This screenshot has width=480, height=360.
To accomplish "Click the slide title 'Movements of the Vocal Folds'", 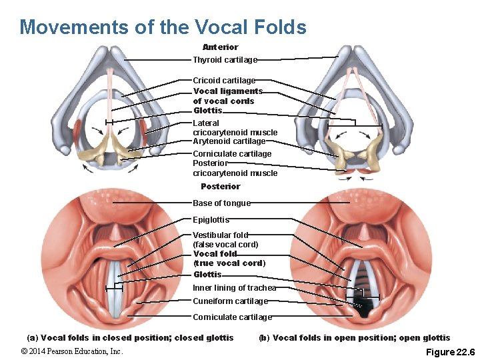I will [x=163, y=27].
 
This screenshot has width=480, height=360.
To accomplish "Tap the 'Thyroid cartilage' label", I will [x=225, y=60].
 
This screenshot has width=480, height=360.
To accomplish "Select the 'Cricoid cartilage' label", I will [x=224, y=81].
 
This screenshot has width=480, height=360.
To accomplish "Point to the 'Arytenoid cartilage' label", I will [x=229, y=141].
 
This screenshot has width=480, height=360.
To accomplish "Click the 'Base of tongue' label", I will [x=221, y=203].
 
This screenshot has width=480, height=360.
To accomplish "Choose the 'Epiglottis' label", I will [x=211, y=220].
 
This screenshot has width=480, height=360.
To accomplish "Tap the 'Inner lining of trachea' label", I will [x=234, y=288].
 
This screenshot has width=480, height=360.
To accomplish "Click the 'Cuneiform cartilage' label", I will [x=230, y=301].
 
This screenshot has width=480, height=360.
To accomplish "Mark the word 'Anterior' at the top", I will [x=220, y=47].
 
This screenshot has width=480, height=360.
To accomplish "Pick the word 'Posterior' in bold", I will [x=220, y=187].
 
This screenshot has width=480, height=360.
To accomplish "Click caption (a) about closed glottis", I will [x=130, y=338].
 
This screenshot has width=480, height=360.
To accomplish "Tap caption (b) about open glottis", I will [x=354, y=338].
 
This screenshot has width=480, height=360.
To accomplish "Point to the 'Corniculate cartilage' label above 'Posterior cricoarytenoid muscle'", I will [x=232, y=154].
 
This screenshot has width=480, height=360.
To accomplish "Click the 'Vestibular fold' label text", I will [x=220, y=235].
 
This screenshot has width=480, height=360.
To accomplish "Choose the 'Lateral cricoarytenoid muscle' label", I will [x=235, y=128].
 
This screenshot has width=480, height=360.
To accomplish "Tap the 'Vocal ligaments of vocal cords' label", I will [x=227, y=96].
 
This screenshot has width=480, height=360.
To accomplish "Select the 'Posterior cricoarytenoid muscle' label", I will [x=235, y=169].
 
